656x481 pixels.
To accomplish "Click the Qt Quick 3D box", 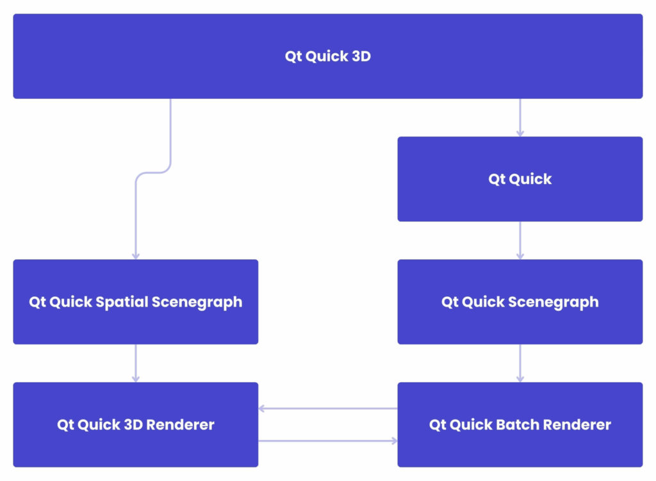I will pyautogui.click(x=327, y=56).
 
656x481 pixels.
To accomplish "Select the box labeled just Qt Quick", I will pyautogui.click(x=520, y=179).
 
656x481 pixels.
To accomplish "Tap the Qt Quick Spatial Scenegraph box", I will pyautogui.click(x=135, y=302).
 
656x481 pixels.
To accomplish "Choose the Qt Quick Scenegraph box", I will pyautogui.click(x=520, y=302).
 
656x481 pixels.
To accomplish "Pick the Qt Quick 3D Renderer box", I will pyautogui.click(x=135, y=425).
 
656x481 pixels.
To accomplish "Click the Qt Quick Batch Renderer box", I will pyautogui.click(x=520, y=425).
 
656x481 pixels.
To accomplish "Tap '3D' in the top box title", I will pyautogui.click(x=361, y=56).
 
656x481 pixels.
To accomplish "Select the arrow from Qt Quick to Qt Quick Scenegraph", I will pyautogui.click(x=520, y=240).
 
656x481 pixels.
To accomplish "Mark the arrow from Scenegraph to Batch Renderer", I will pyautogui.click(x=520, y=363).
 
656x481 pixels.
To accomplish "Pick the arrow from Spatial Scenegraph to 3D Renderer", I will pyautogui.click(x=135, y=363).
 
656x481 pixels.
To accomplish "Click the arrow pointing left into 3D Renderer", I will pyautogui.click(x=327, y=409).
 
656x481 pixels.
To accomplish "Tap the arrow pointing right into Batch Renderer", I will pyautogui.click(x=327, y=441).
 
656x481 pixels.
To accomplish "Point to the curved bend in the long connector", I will pyautogui.click(x=153, y=172).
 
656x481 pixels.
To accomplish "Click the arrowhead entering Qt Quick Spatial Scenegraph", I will pyautogui.click(x=135, y=256).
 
